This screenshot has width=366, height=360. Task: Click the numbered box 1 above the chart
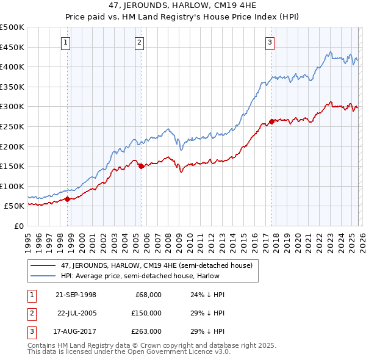click(65, 43)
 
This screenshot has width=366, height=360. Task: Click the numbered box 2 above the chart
click(139, 43)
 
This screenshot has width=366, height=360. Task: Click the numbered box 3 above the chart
click(269, 43)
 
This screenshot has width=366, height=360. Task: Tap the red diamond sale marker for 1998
click(68, 199)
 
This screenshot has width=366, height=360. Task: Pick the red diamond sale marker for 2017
click(271, 121)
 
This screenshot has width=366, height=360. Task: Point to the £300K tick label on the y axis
click(12, 107)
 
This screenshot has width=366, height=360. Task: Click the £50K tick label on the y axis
click(15, 206)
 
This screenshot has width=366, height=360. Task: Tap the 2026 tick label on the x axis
click(361, 238)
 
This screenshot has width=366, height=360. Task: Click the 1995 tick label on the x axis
click(28, 238)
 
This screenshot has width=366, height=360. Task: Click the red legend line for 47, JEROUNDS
click(43, 265)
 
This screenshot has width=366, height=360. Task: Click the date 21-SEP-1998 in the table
click(76, 295)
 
